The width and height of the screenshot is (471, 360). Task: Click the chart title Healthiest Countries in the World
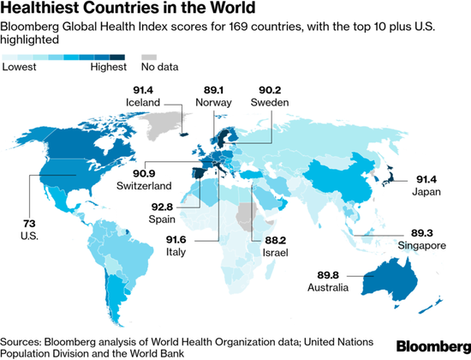pos(128,10)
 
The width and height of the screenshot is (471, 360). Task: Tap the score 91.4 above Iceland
pos(144,90)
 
